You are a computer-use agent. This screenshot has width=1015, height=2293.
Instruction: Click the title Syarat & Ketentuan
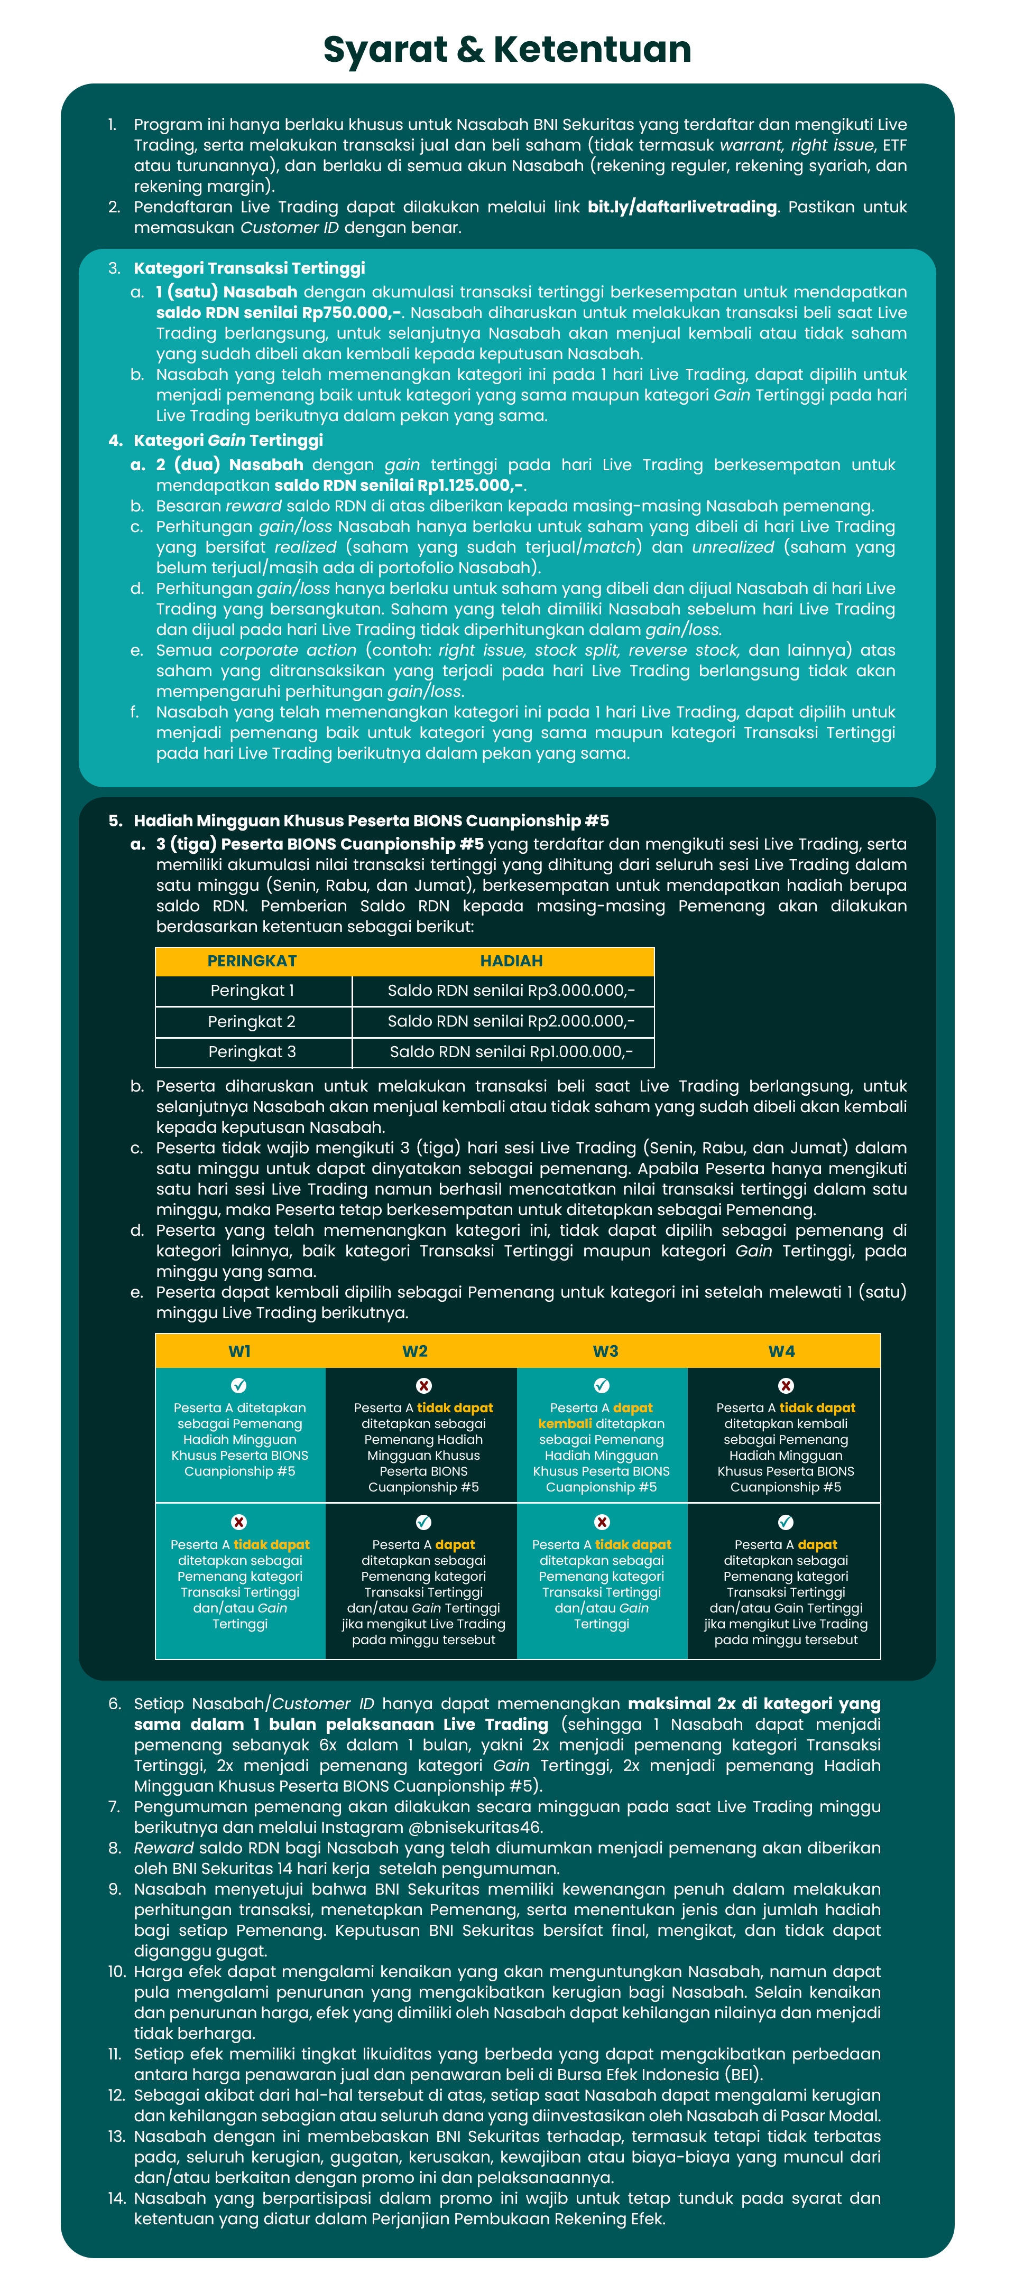click(506, 50)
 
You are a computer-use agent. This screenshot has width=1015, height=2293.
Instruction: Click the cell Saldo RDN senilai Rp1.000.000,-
click(511, 1052)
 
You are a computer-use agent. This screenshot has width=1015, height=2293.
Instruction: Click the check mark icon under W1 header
click(238, 1386)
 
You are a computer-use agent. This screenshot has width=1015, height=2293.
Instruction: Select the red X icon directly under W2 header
click(424, 1386)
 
